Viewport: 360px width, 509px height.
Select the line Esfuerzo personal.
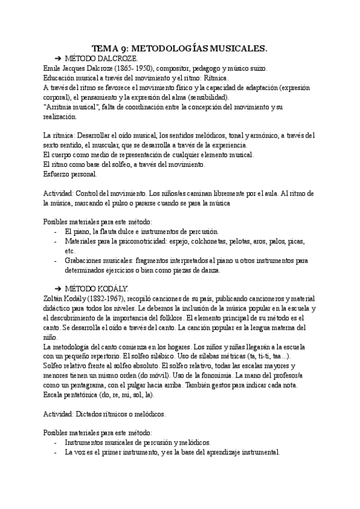point(74,174)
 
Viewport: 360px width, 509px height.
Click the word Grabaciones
point(86,261)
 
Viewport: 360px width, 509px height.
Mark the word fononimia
point(207,375)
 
